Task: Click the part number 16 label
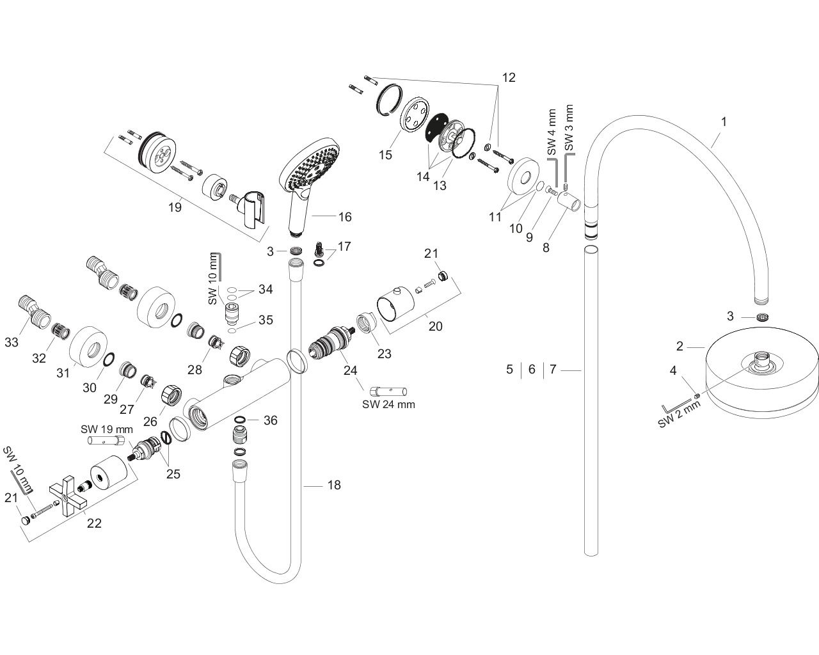(345, 217)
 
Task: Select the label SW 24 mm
(388, 404)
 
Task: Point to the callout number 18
(334, 485)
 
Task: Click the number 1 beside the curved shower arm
(724, 121)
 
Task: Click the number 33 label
(11, 343)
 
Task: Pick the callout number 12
(508, 78)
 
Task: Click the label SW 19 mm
(107, 429)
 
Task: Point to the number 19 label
(175, 207)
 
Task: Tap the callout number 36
(271, 420)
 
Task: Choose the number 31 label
(62, 373)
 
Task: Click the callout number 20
(435, 326)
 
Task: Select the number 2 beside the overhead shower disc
(680, 347)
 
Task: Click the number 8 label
(546, 248)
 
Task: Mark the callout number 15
(385, 155)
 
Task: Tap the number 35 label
(266, 319)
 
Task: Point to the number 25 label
(174, 474)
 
